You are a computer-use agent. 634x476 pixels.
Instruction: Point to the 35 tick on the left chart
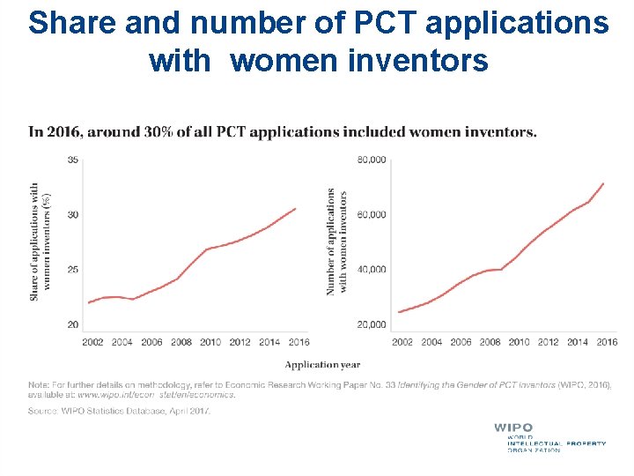[x=72, y=160]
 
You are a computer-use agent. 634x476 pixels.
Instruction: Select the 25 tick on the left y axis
[x=72, y=270]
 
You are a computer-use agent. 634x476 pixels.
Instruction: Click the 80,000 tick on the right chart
[x=371, y=160]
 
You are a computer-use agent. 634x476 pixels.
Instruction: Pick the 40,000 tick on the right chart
[x=371, y=270]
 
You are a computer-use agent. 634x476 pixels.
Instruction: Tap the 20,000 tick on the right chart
[x=371, y=324]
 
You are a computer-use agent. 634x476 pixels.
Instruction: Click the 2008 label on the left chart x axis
[x=181, y=342]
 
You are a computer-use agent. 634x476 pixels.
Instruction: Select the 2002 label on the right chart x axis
[x=402, y=342]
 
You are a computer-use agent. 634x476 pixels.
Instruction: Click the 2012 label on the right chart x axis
[x=548, y=342]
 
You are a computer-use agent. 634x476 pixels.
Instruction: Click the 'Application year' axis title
[x=322, y=364]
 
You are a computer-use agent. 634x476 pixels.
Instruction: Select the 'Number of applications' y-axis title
[x=336, y=242]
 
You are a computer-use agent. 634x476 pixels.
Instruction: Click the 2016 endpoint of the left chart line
[x=296, y=209]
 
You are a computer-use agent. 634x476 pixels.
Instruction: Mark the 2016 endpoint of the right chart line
[x=603, y=183]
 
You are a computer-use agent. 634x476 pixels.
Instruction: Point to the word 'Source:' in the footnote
[x=42, y=411]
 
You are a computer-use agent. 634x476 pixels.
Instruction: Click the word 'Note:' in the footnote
[x=39, y=385]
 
